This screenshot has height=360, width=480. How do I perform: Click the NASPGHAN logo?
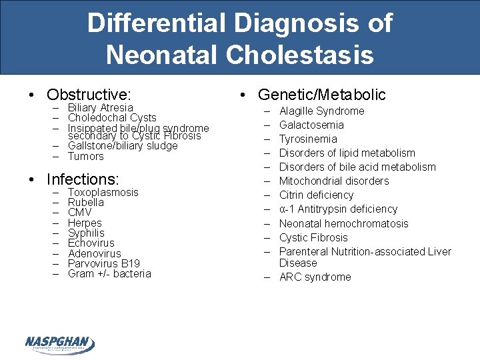[60, 344]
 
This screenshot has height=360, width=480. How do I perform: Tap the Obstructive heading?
[89, 94]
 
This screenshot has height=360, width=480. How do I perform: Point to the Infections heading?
[83, 179]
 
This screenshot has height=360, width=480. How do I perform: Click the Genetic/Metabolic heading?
[322, 95]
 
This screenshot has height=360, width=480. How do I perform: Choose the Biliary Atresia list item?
[100, 107]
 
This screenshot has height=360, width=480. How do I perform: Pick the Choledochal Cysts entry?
[112, 118]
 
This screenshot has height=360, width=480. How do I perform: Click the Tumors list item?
[86, 157]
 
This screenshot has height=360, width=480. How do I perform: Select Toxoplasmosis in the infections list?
[103, 192]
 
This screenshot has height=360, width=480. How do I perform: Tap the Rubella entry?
[86, 202]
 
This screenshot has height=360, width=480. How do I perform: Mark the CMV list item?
[80, 213]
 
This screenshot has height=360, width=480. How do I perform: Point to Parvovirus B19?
[104, 263]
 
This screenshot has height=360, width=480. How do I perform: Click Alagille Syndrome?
[321, 111]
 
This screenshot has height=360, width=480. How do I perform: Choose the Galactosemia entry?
[311, 125]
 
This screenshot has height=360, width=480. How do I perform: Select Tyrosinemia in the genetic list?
[308, 139]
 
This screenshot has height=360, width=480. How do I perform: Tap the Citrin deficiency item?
[316, 195]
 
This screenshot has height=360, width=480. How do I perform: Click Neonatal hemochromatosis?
[343, 223]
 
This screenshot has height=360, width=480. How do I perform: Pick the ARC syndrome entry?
[315, 277]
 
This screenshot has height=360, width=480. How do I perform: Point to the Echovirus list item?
[91, 243]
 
